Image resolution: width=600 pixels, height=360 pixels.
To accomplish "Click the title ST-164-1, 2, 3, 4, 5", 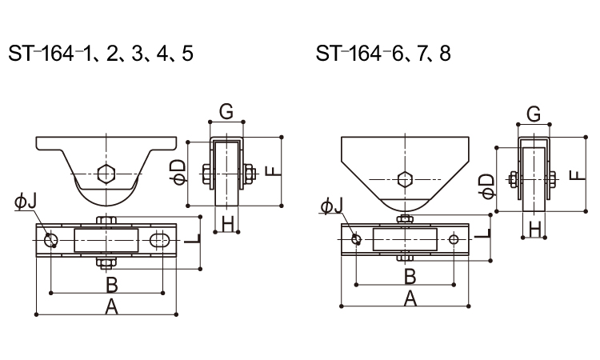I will (100, 54).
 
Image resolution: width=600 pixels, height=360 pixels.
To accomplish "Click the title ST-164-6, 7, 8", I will (383, 54).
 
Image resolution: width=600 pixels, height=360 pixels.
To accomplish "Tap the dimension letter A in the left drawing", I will (112, 307).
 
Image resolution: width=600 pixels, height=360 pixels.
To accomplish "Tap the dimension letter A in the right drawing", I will (410, 298).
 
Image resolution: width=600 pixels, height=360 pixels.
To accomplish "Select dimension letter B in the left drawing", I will (112, 284).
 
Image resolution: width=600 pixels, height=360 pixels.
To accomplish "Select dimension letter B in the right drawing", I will (410, 276).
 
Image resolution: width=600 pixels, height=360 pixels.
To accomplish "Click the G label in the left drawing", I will (226, 112).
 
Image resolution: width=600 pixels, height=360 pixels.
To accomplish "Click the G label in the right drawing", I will (534, 114).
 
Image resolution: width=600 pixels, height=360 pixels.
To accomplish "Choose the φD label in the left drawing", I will (179, 170).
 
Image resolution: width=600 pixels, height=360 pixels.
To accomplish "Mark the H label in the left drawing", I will (227, 225).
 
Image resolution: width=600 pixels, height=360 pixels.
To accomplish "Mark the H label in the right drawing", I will (534, 230).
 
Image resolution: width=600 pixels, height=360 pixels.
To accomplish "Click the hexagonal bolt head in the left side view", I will (105, 172).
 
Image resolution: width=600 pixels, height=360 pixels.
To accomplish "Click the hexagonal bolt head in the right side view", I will (406, 178).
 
